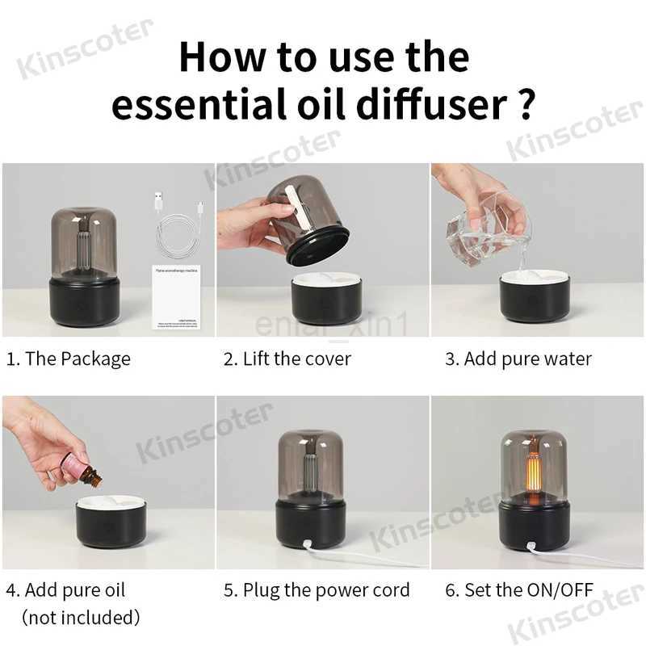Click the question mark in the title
tap(525, 106)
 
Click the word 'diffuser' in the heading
tap(427, 106)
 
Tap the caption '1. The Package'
tap(68, 359)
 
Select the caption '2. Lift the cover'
tap(287, 359)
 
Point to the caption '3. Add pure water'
tap(518, 359)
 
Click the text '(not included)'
tap(81, 618)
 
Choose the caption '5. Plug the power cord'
tap(316, 590)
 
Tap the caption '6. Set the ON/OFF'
tap(518, 590)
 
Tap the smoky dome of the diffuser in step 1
tap(83, 243)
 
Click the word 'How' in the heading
tap(218, 57)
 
